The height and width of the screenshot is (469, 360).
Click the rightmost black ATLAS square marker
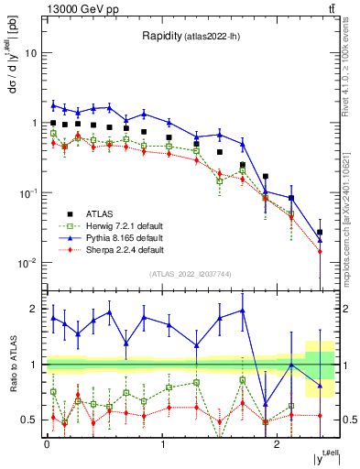(x=320, y=233)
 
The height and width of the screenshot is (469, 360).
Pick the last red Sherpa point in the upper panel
(x=320, y=251)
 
